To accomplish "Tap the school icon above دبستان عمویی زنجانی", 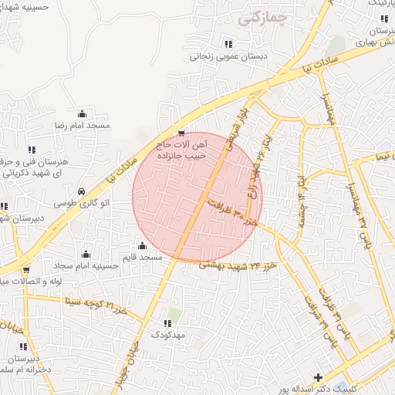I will pos(228,44).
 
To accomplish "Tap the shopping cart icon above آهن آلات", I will pos(181,133).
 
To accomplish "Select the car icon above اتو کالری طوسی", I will pos(81,192).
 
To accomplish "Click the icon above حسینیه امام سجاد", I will pos(85,254).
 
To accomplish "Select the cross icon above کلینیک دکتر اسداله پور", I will pos(319,377).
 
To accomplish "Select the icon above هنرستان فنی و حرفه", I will pos(31,150).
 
